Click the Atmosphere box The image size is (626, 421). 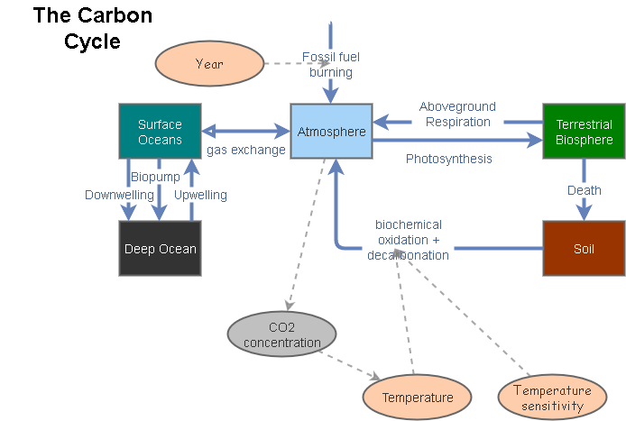tap(331, 133)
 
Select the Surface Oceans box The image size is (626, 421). tap(160, 132)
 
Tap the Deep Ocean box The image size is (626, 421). tap(160, 248)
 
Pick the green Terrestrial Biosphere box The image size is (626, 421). tap(584, 132)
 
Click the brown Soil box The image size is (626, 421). tap(584, 248)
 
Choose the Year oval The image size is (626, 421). tap(208, 64)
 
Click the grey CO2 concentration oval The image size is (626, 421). tap(281, 334)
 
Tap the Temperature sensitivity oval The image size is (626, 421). tap(552, 397)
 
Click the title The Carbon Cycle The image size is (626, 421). tap(92, 28)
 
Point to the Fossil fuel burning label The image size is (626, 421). tap(330, 65)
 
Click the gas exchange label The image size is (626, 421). tap(245, 150)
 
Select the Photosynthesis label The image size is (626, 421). tap(448, 159)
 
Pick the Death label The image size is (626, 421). tap(584, 190)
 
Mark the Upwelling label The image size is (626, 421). tap(200, 195)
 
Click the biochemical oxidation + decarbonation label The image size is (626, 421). tap(408, 240)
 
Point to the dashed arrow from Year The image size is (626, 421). tap(283, 64)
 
